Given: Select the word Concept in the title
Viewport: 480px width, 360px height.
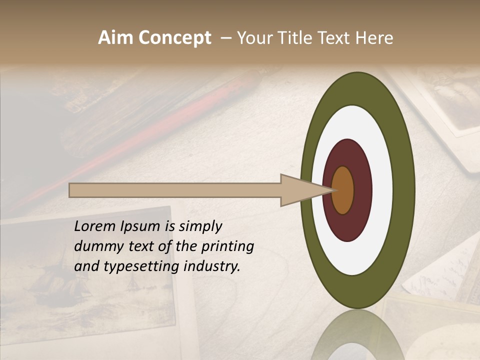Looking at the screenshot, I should pos(174,38).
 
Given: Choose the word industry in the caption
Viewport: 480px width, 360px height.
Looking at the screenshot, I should pos(211,266).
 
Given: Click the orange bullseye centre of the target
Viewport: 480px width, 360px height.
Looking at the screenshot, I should pos(343,190).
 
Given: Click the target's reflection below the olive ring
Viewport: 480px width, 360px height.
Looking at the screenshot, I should pos(357,335).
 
